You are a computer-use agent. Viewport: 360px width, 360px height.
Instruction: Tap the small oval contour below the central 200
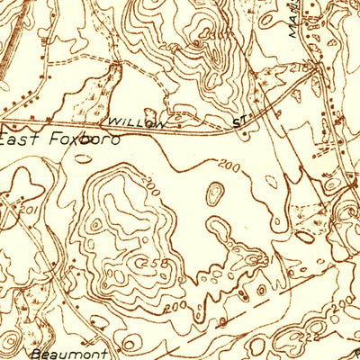point(216,193)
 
